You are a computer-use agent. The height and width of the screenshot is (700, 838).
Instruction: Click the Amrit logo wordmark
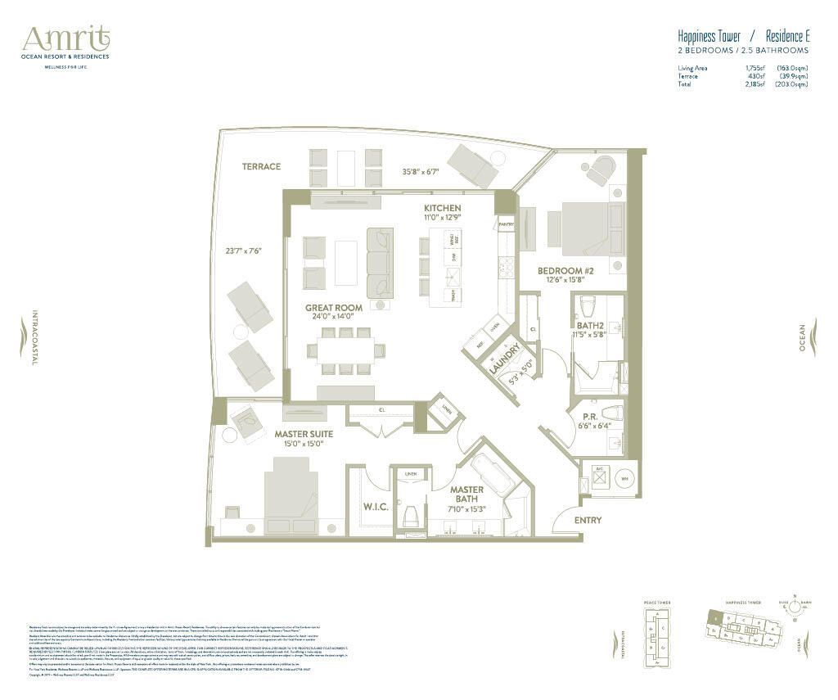click(x=66, y=38)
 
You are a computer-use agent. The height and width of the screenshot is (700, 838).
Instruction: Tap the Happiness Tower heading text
click(x=709, y=37)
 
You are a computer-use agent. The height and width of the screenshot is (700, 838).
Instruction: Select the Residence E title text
click(x=787, y=37)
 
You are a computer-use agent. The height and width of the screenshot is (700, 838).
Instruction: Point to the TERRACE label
click(x=261, y=166)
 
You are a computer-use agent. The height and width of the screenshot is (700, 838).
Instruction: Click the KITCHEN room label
click(x=442, y=209)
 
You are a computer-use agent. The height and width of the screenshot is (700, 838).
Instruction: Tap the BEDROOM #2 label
click(x=565, y=271)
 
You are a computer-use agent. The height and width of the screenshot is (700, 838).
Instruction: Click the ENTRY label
click(x=588, y=521)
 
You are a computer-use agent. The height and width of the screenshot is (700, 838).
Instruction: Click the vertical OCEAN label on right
click(x=802, y=337)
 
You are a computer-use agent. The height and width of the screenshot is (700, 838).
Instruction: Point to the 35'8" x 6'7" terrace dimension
click(x=421, y=172)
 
